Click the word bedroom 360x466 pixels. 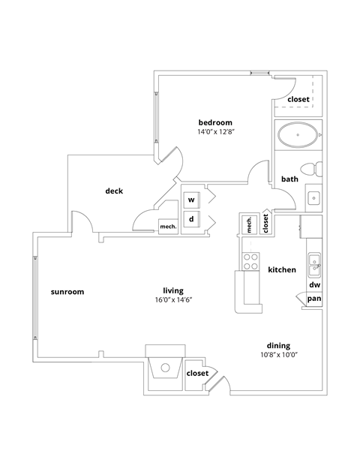pos(215,122)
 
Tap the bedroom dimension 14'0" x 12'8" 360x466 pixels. pos(215,132)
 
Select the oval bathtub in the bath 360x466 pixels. pos(298,137)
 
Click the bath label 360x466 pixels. pos(289,179)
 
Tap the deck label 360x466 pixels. pos(114,191)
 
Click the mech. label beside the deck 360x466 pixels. pos(167,227)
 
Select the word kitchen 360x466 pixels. pos(282,269)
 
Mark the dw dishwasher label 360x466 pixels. pos(315,285)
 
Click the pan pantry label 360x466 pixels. pos(315,299)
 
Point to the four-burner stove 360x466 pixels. pos(250,260)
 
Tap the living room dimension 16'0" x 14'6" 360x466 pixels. pos(174,300)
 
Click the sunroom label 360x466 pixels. pos(67,291)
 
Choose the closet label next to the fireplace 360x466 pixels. pos(197,373)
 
